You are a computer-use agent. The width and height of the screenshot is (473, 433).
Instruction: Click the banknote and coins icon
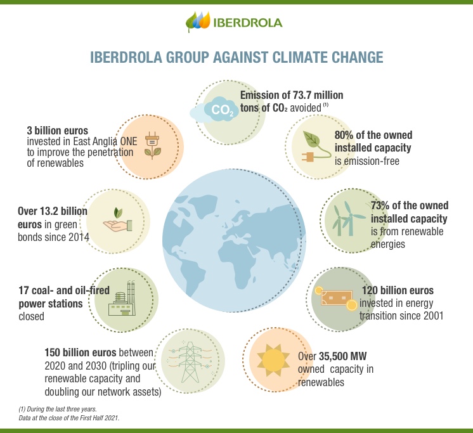(334, 297)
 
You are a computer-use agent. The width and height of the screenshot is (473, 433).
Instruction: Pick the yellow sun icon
(274, 359)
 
